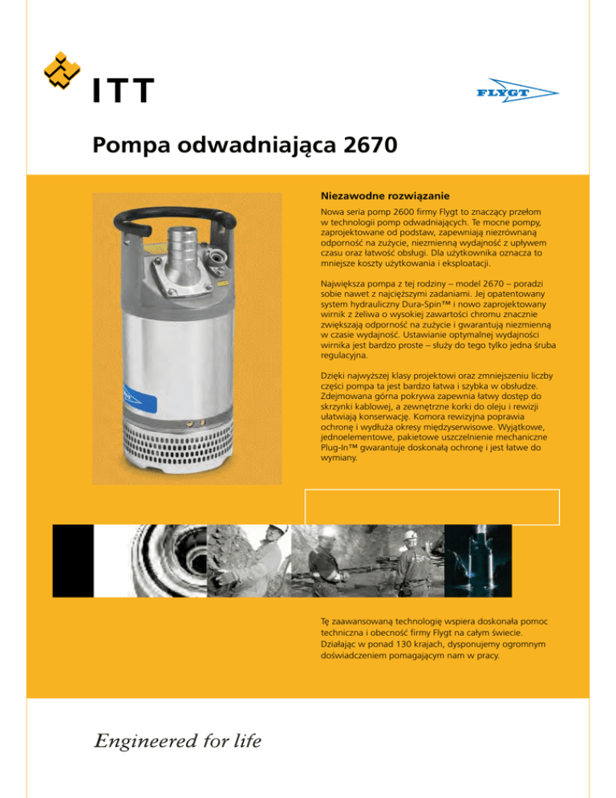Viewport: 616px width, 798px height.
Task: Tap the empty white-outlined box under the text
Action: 432,505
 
